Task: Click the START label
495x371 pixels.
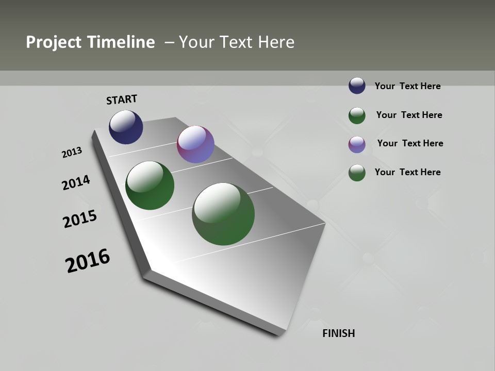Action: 122,99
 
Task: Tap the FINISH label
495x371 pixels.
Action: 338,333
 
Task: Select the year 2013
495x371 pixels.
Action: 72,153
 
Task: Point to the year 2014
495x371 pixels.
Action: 76,183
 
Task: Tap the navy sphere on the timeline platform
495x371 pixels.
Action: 126,127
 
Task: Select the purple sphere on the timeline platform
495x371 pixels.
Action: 195,144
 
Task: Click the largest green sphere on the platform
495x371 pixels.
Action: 223,214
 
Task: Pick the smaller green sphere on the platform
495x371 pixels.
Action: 150,185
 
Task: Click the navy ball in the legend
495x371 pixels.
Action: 357,86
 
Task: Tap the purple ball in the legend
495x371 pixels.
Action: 357,144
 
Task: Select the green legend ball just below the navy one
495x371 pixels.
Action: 357,115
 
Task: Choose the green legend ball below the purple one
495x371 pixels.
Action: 357,173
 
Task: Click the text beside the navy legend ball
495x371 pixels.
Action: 407,87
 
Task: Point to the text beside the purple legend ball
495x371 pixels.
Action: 410,143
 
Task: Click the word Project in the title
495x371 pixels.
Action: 54,42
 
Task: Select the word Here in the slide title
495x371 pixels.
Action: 276,42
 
